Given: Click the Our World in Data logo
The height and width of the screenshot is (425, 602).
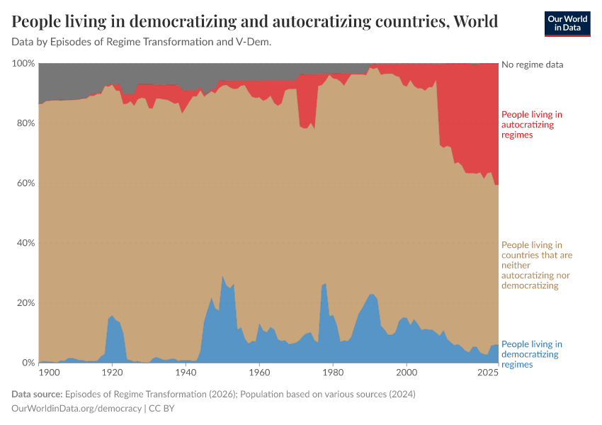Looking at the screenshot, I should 567,23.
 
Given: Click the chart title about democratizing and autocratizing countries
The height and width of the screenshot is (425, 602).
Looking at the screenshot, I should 255,21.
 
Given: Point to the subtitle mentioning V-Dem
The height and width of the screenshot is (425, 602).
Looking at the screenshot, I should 142,42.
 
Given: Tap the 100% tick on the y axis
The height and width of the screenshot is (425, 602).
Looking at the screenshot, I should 23,64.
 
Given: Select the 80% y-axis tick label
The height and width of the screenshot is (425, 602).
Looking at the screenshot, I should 25,123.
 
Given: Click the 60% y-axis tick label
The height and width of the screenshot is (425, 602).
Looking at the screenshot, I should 25,183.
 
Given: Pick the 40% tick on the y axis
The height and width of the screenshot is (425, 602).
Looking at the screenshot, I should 25,243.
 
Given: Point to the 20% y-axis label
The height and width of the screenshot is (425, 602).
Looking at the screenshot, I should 25,303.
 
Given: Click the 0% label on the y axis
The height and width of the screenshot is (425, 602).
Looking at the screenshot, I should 28,363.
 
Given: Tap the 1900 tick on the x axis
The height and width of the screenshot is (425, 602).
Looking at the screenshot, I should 48,372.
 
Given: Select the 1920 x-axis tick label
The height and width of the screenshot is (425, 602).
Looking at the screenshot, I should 112,372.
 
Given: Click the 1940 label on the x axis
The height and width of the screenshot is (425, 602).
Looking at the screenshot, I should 186,372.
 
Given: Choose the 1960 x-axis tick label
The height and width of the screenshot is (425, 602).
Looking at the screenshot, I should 259,372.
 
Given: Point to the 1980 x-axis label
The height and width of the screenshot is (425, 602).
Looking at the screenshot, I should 333,372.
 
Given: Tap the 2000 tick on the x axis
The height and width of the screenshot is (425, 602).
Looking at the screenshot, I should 407,372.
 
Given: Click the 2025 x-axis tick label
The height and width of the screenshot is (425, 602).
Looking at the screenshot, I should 488,372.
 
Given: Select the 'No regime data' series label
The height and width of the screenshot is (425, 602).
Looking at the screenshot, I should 532,64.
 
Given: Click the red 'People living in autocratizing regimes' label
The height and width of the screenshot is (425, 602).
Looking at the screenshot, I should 531,124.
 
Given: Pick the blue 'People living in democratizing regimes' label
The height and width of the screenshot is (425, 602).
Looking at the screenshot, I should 531,354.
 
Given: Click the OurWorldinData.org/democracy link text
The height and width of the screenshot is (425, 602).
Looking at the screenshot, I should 76,409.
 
